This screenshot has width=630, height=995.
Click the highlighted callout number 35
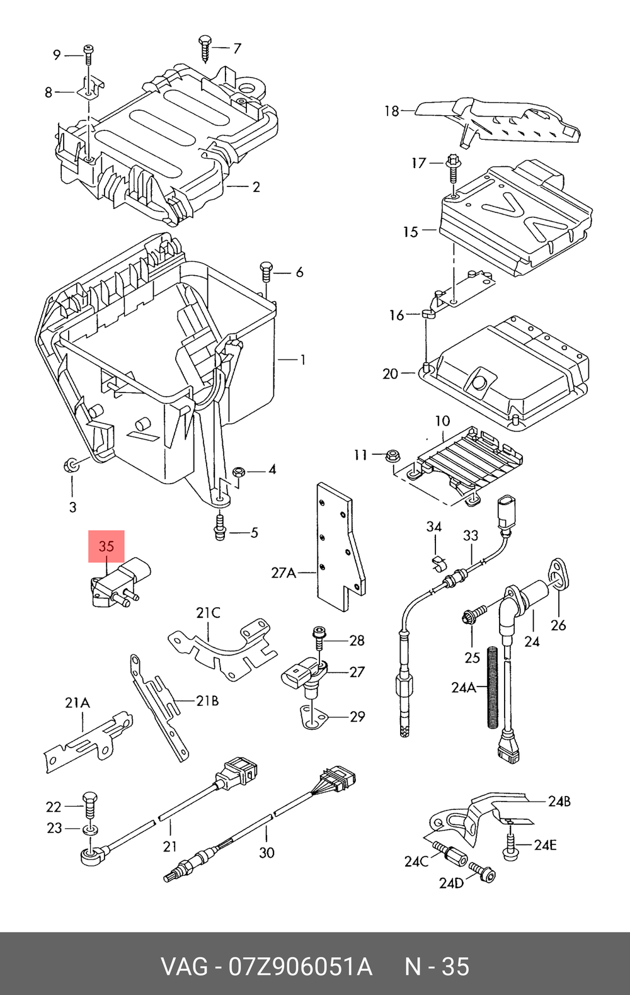pyautogui.click(x=106, y=545)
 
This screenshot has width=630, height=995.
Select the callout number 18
pyautogui.click(x=392, y=111)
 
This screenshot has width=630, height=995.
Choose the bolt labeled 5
pyautogui.click(x=220, y=528)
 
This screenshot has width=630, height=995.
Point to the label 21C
pyautogui.click(x=208, y=613)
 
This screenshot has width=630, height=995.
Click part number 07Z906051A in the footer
pyautogui.click(x=300, y=967)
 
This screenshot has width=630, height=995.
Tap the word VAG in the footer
pyautogui.click(x=184, y=967)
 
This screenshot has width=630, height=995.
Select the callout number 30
pyautogui.click(x=266, y=853)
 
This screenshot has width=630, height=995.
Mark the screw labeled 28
pyautogui.click(x=319, y=639)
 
